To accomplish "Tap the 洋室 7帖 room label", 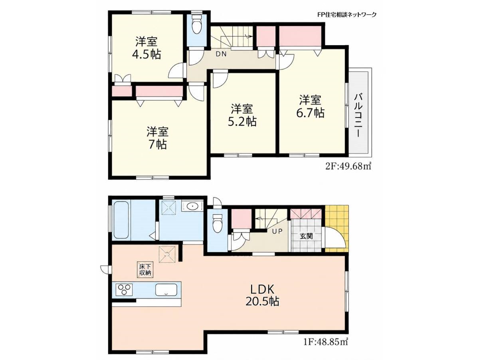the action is tap(157, 138).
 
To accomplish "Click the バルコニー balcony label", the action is tap(358, 115).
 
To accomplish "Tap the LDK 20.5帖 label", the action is tap(262, 296).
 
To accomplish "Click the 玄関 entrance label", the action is tap(306, 236).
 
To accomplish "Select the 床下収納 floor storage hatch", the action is tap(145, 270).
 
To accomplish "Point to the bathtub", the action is tap(121, 221).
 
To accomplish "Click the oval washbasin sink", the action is tap(192, 206).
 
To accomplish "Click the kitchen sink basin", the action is tap(166, 290).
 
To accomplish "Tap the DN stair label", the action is tap(221, 54).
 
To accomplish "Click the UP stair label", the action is tap(277, 231).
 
